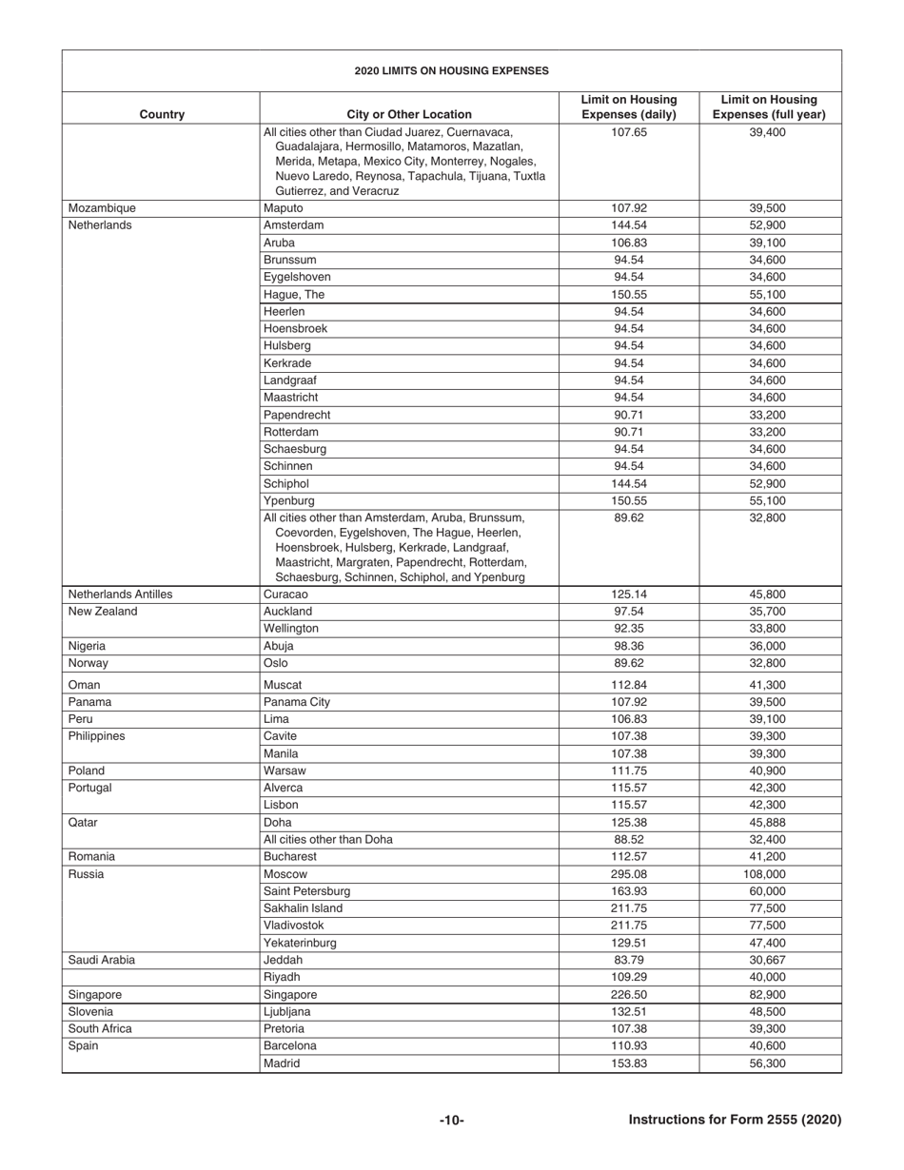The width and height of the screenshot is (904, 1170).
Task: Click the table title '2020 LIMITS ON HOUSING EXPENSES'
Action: [x=451, y=70]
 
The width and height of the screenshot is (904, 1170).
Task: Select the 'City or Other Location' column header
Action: [x=408, y=115]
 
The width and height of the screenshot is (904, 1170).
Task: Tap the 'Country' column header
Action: [x=162, y=115]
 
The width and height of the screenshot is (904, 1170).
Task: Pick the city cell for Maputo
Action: [x=284, y=208]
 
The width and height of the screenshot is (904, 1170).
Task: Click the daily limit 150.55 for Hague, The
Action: [x=628, y=295]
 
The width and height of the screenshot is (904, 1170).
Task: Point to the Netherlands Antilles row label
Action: [x=120, y=595]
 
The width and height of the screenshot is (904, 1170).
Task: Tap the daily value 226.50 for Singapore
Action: [x=628, y=995]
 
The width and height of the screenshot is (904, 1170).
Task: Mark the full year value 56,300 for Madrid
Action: [x=770, y=1063]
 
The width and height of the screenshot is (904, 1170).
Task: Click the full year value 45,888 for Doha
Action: [x=770, y=822]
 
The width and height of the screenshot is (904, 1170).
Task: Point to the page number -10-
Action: [x=451, y=1121]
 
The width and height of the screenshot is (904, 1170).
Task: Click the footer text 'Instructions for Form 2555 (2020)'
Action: [x=735, y=1121]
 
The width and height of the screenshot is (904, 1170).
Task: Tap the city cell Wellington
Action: [x=291, y=629]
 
